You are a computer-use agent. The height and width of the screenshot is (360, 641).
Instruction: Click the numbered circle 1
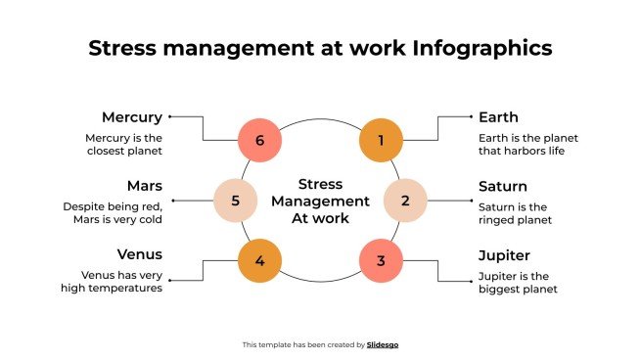(382, 141)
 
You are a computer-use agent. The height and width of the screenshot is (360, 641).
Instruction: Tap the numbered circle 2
(404, 201)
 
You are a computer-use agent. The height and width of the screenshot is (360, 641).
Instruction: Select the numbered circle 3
(382, 261)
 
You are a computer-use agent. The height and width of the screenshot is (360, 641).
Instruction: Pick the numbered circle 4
(259, 261)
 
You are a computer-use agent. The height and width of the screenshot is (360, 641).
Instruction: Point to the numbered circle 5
(236, 201)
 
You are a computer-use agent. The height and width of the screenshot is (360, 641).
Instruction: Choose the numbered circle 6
(259, 141)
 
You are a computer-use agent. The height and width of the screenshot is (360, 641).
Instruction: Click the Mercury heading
(132, 117)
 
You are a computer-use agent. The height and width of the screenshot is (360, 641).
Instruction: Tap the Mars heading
(144, 186)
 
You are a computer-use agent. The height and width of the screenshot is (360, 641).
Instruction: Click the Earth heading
(498, 117)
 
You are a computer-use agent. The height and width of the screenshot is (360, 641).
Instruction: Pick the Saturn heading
(503, 186)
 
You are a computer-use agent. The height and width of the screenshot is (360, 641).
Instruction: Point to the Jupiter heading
(504, 254)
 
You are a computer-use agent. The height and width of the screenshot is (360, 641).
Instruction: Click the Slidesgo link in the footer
(383, 344)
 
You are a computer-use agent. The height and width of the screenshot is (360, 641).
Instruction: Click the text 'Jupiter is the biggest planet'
(518, 282)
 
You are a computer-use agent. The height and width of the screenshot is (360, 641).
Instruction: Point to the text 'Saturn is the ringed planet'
(513, 213)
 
